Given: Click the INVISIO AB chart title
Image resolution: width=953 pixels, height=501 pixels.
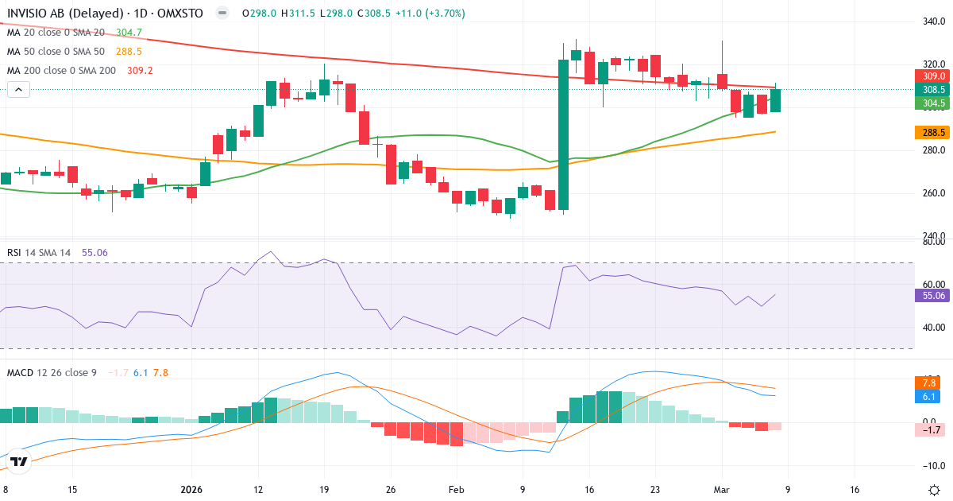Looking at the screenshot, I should pos(103,14).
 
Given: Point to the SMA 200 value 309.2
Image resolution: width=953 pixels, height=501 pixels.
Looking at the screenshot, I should pos(140,71).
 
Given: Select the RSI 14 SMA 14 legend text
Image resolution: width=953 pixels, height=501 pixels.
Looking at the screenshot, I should pos(39,253).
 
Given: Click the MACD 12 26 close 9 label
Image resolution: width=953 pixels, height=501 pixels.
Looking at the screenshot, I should pos(52,372).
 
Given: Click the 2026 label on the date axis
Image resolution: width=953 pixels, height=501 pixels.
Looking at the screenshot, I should pos(193,490).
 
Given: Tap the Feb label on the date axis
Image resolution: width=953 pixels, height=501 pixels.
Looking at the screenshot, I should pos(456,490).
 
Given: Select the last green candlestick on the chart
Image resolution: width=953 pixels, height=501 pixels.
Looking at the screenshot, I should pos(775,100).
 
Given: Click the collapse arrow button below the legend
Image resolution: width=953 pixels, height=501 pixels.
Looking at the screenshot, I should pos(18,90).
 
